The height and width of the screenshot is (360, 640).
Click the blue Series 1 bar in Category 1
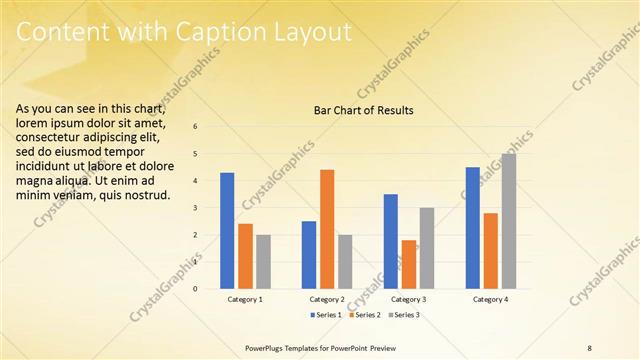point(227,231)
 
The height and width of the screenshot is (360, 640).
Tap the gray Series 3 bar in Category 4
point(508,221)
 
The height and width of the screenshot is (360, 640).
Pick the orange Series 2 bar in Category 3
point(408,264)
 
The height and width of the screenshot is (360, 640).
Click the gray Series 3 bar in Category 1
point(263,262)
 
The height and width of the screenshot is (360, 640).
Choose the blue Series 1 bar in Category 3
point(390,241)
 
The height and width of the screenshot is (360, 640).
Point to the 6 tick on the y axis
point(195,126)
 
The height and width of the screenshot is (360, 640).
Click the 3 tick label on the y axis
point(195,208)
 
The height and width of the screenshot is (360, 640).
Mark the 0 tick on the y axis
point(195,289)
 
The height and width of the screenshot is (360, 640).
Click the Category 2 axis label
point(327,299)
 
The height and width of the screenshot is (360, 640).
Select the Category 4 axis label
point(490,299)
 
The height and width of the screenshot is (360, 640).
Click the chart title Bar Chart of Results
point(357,110)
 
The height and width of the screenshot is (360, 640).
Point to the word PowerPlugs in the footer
point(265,347)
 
